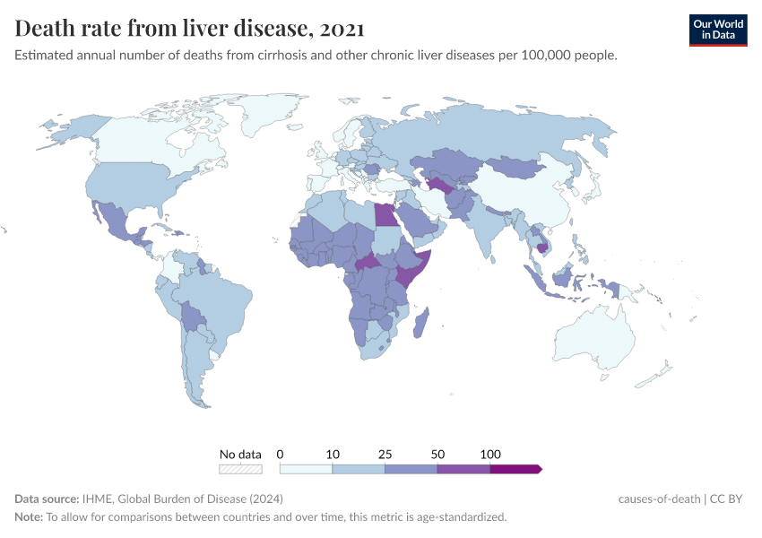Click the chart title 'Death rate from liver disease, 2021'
point(189,29)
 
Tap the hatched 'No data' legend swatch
point(240,468)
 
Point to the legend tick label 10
point(333,454)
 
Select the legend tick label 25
point(385,454)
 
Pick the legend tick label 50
point(437,454)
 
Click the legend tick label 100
point(490,454)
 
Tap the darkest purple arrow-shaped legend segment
point(515,468)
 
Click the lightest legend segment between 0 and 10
point(306,468)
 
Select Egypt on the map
point(384,215)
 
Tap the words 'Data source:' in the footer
point(47,499)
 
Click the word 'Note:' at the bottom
point(30,517)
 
